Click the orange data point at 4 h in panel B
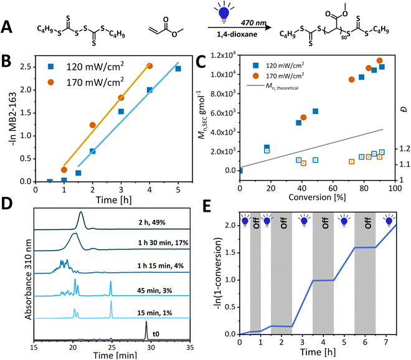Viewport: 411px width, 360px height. (x=149, y=65)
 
